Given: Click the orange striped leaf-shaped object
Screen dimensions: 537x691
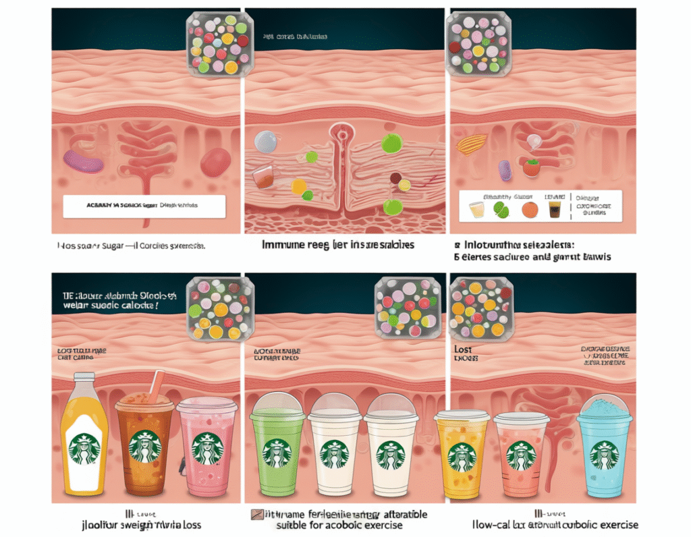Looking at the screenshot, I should [x=472, y=143].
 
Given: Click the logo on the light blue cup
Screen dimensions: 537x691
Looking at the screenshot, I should [x=604, y=455].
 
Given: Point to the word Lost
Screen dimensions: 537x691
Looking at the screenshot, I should [x=463, y=350].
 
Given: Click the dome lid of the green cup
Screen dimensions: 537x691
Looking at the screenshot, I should [x=277, y=405].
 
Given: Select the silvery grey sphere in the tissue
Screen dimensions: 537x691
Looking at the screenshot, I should [x=266, y=141].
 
